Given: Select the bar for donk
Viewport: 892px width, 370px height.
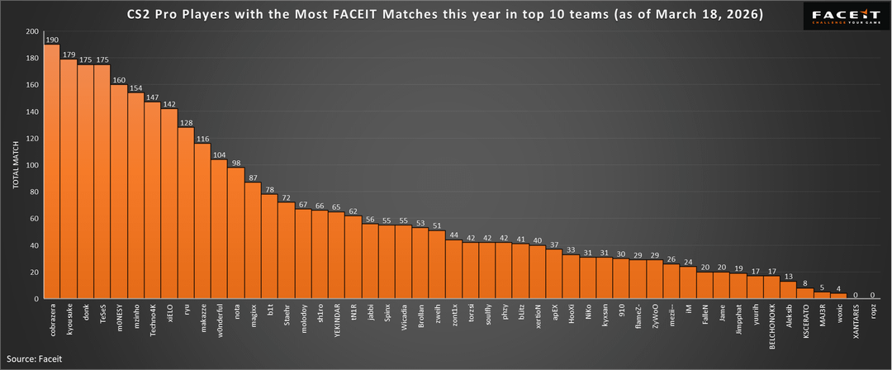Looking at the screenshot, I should coord(85,182).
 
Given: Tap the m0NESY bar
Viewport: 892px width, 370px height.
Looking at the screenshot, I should coord(119,192).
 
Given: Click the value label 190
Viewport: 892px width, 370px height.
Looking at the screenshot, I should coord(51,40).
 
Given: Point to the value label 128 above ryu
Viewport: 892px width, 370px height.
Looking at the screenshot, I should coord(186,122).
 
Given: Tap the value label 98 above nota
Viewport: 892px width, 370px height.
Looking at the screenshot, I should coord(236,163).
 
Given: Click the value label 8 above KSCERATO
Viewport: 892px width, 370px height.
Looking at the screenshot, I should coord(805,282).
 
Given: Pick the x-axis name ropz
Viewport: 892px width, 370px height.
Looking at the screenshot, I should coord(873,315).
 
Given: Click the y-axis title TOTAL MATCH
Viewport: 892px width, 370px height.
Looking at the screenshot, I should coord(15,165).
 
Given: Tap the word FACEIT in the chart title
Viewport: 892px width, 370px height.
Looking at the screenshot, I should coord(354,14).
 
